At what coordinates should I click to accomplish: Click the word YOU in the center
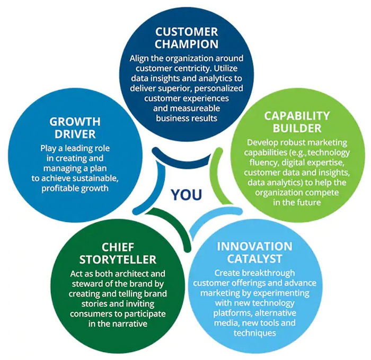click(187, 194)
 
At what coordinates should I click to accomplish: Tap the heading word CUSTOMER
click(187, 32)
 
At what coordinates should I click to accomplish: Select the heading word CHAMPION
click(187, 44)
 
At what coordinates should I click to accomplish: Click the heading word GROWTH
click(75, 122)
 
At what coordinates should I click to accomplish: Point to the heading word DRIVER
click(75, 134)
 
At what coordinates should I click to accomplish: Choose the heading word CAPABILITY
click(297, 116)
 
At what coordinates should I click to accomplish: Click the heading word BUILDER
click(297, 128)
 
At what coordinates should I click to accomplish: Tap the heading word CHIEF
click(118, 247)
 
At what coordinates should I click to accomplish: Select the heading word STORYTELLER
click(118, 259)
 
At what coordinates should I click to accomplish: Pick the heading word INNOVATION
click(254, 246)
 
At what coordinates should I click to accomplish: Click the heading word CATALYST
click(254, 258)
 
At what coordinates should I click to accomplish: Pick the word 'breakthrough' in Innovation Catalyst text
click(269, 273)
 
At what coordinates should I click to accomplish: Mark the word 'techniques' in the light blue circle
click(254, 333)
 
